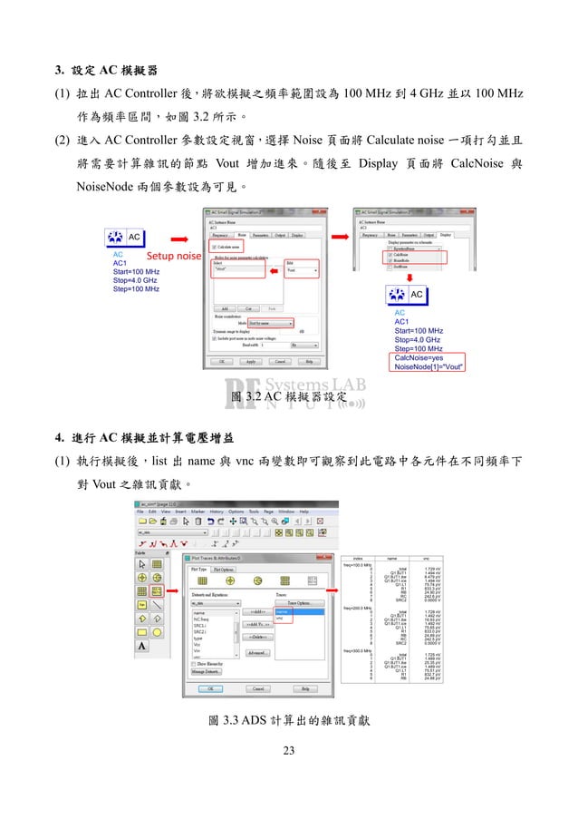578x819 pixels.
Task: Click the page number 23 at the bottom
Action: (289, 750)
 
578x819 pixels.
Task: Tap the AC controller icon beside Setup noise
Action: (125, 237)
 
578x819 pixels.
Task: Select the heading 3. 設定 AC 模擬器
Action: (105, 70)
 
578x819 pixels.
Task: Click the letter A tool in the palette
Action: (142, 646)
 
